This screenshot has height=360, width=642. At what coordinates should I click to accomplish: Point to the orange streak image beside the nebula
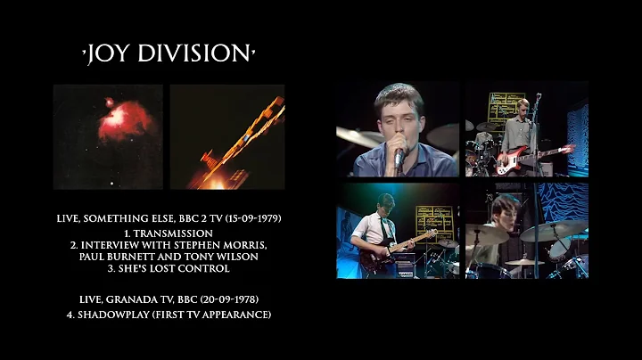pos(227,136)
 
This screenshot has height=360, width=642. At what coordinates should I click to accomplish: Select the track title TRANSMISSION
pos(169,233)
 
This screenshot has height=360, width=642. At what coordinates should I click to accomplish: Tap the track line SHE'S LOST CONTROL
pos(169,268)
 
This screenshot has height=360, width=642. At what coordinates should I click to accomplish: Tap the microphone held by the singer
pos(399,159)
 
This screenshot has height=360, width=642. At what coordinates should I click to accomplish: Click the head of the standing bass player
pos(523,109)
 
